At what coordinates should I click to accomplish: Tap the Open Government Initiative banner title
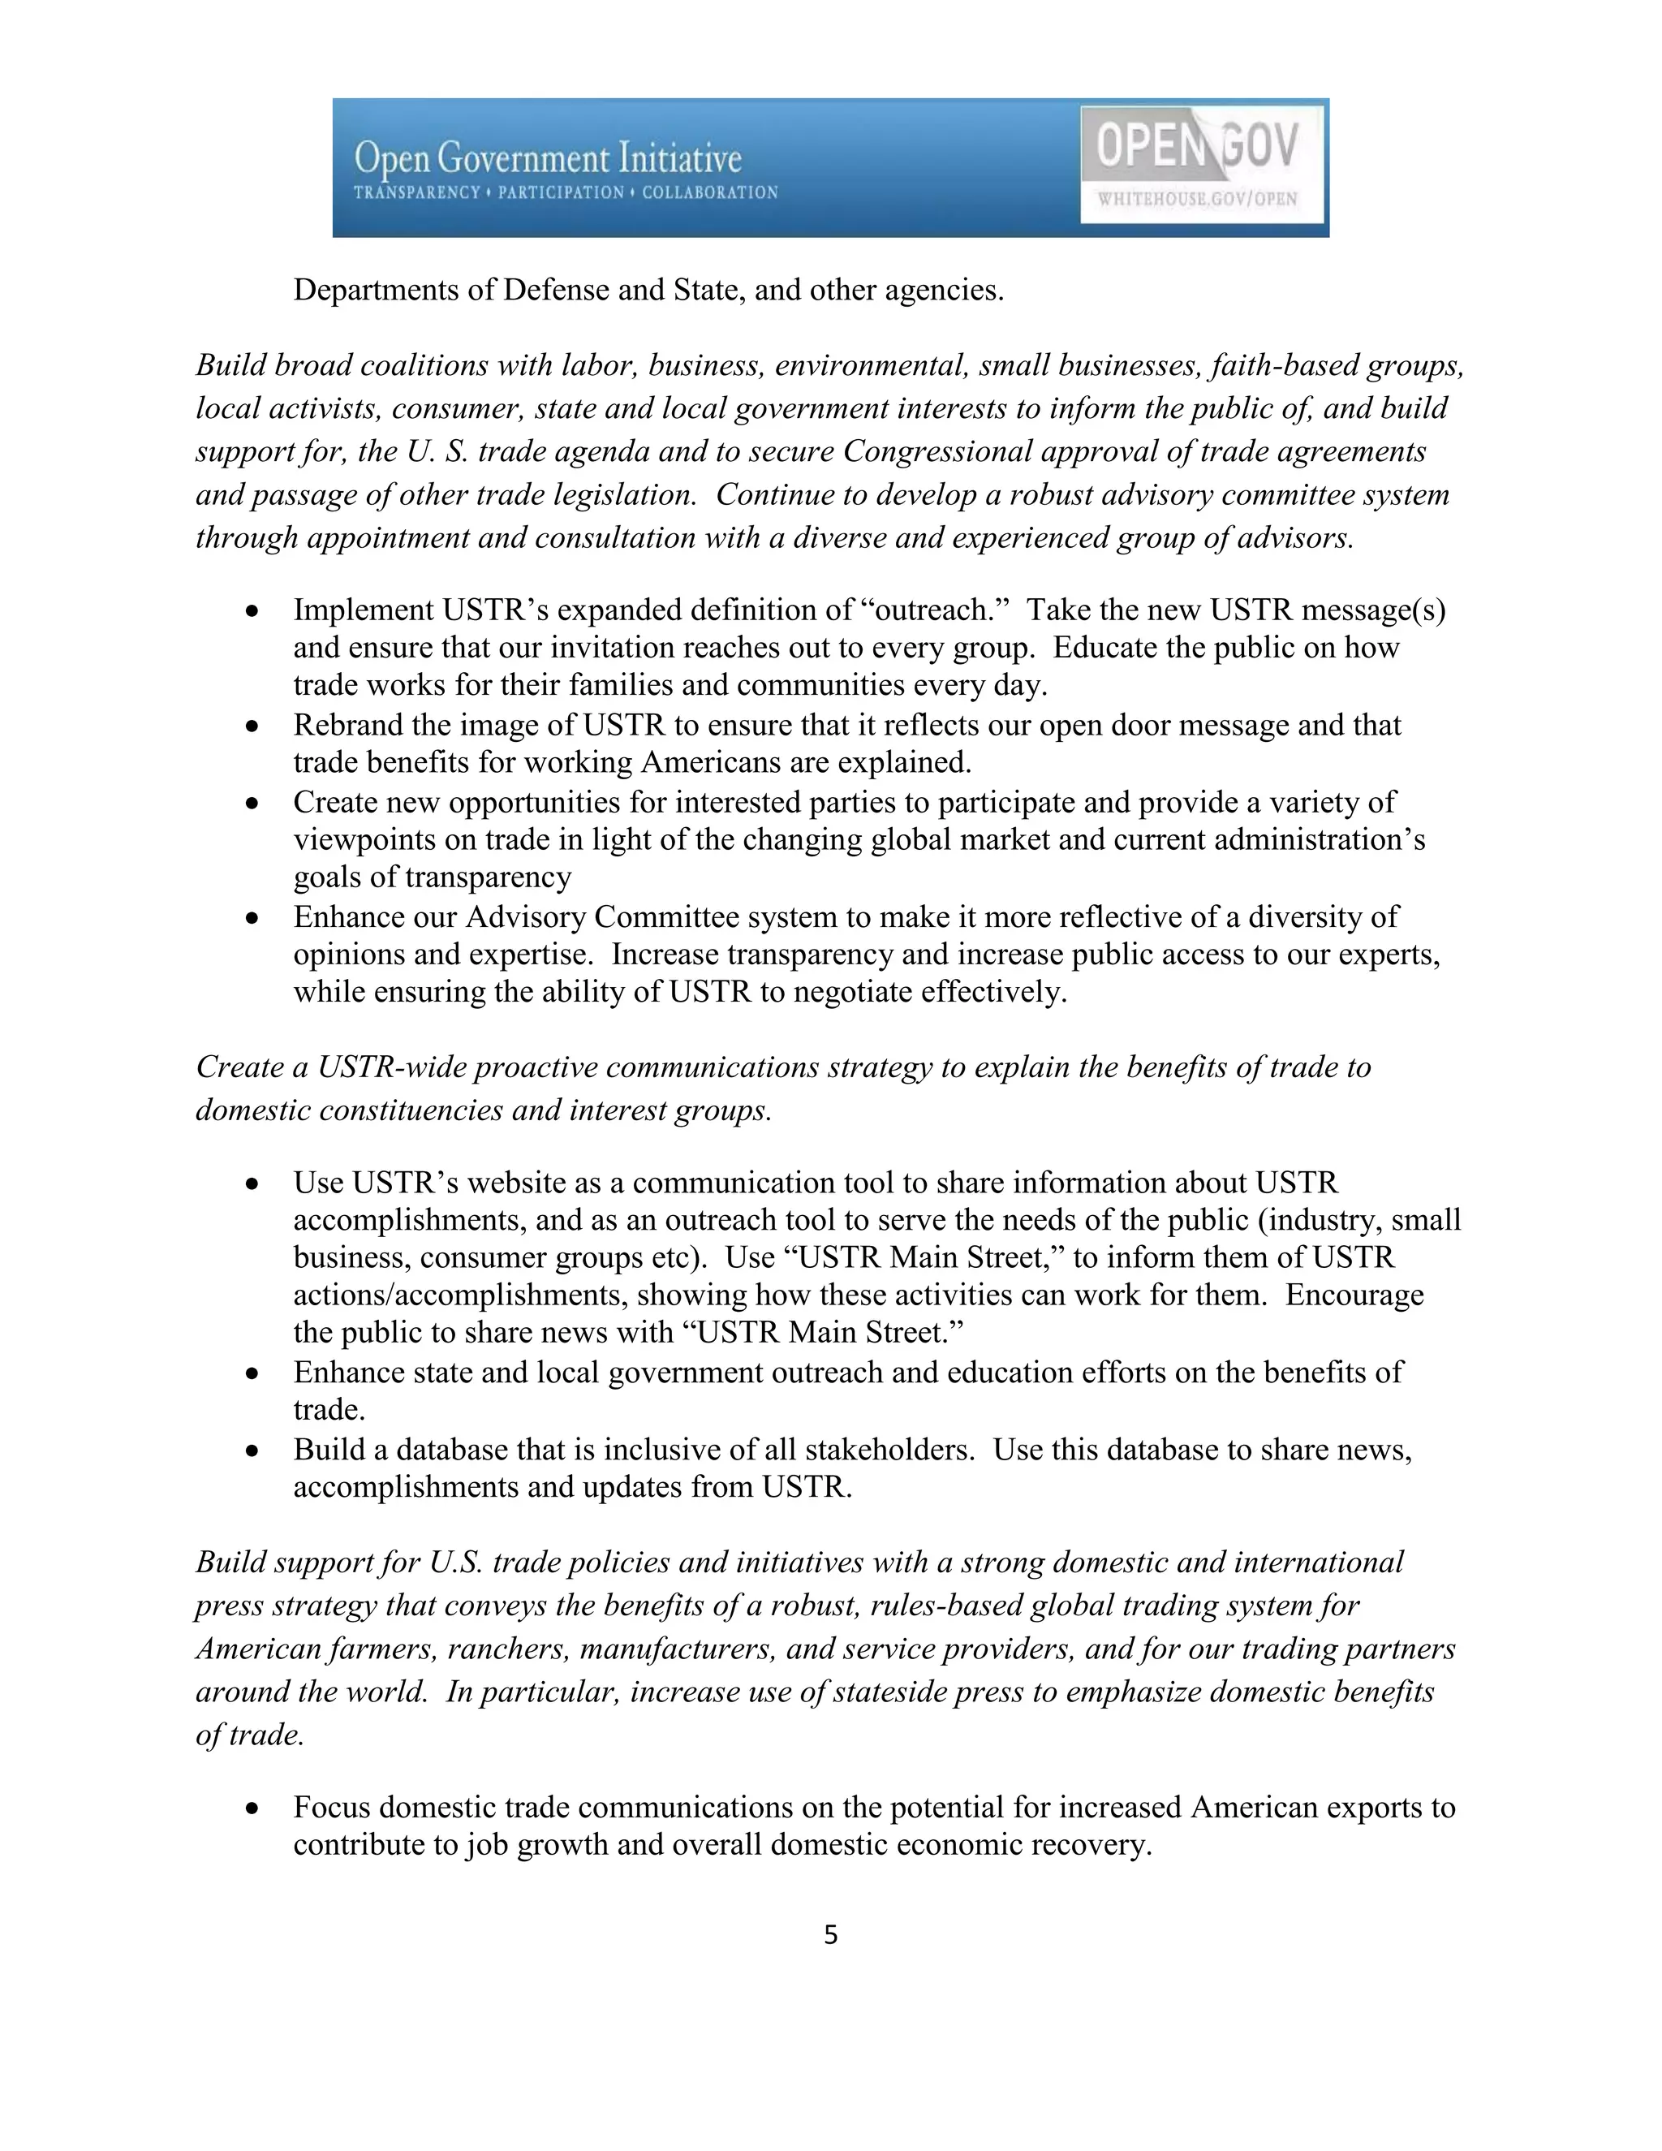[x=548, y=157]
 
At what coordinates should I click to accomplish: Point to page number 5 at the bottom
[x=830, y=1935]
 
